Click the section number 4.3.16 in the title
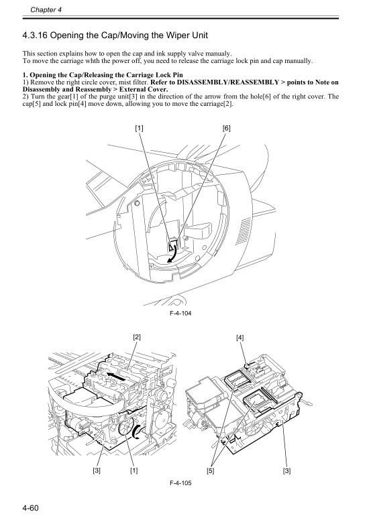click(40, 34)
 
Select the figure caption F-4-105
click(179, 483)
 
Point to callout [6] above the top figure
click(226, 127)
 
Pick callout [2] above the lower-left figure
click(136, 337)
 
